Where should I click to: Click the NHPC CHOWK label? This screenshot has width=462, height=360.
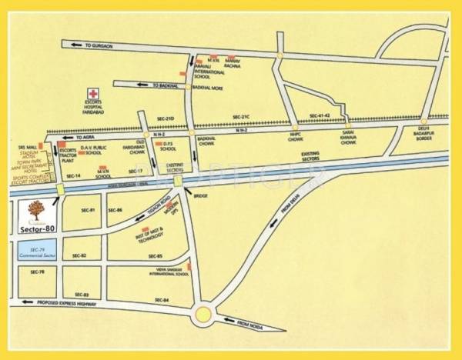click(296, 138)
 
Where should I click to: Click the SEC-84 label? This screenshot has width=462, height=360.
click(161, 299)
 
